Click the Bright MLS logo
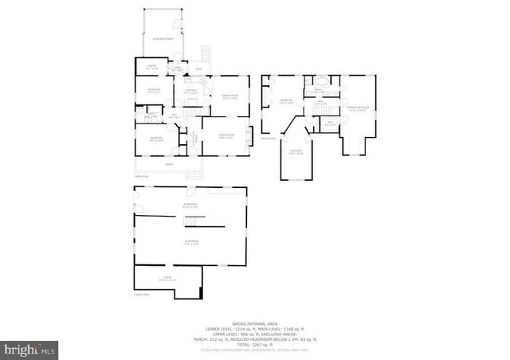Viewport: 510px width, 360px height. coord(30,349)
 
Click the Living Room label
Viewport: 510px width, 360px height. coord(226,135)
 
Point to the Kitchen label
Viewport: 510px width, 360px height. coord(191,91)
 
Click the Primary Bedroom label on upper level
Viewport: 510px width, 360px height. coord(357,108)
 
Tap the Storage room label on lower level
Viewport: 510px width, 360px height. coord(166,279)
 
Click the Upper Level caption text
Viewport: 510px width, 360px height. coord(268,138)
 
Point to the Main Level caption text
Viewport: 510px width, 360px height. coord(141,176)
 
